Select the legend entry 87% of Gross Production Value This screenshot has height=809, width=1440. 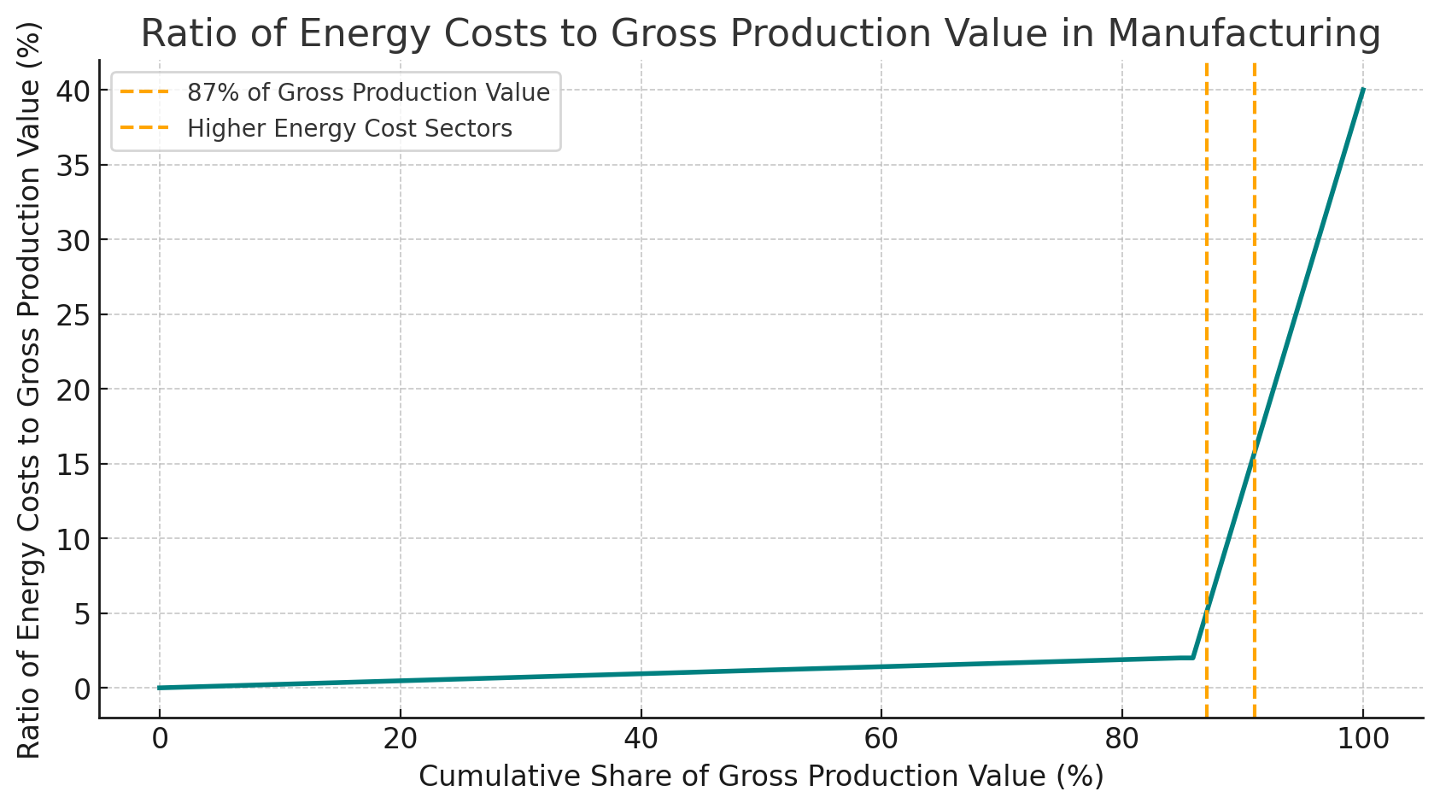pos(368,92)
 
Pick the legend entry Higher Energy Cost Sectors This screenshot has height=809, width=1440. pos(349,129)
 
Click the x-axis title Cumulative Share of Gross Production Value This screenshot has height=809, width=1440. pos(760,777)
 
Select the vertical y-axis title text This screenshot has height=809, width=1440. pos(29,419)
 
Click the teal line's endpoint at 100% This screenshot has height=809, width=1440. pos(1363,89)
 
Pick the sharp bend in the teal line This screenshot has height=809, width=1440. pos(1193,657)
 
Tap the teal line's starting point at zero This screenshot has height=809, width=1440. pos(159,688)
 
